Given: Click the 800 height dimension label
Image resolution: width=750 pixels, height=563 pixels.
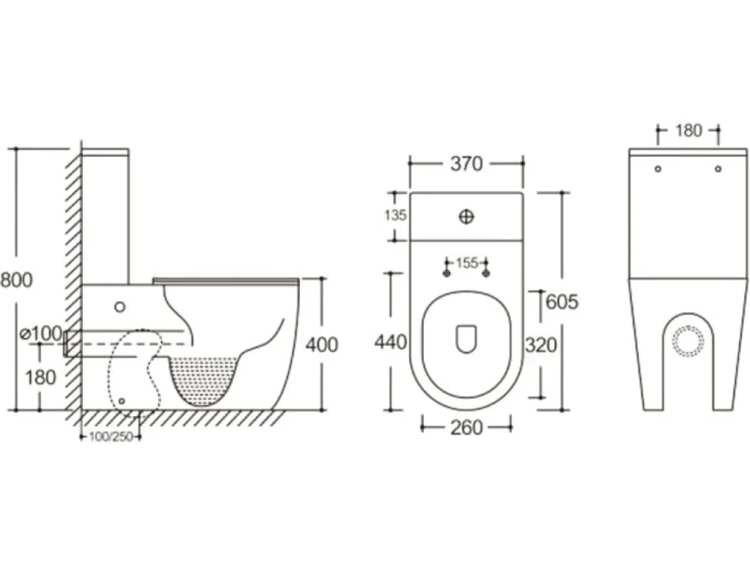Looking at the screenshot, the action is (x=16, y=280).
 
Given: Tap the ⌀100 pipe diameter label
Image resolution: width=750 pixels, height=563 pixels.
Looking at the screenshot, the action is (x=42, y=333).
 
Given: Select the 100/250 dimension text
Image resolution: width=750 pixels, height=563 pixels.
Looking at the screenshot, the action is (x=111, y=437).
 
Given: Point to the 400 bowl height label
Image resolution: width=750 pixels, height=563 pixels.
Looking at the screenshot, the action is (x=322, y=344).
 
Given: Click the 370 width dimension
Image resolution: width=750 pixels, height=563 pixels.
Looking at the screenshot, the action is (x=466, y=164).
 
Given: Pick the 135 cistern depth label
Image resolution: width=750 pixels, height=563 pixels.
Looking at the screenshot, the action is (x=396, y=215).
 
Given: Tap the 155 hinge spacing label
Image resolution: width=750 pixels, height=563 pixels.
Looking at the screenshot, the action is (x=467, y=263).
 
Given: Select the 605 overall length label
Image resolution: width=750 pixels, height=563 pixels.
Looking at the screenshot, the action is (x=562, y=302).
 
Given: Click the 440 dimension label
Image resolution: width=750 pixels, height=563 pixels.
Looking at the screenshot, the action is (x=390, y=343).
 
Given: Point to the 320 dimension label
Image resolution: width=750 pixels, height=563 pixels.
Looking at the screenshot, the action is (x=541, y=345).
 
